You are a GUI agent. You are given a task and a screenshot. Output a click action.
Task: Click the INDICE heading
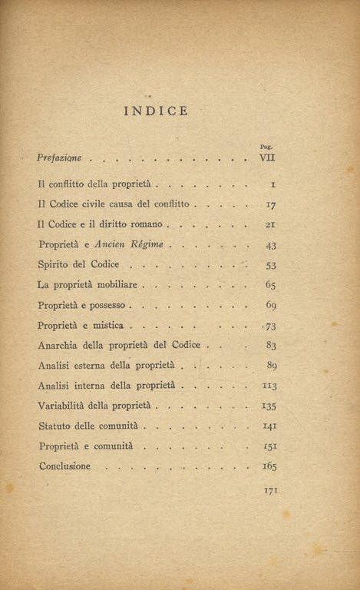click(155, 111)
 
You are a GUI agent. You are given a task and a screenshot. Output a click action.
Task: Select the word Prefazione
click(60, 158)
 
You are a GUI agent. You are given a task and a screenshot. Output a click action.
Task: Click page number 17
click(270, 205)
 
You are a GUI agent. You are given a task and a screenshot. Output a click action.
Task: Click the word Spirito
click(55, 265)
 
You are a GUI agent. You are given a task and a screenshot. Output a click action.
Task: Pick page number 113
click(269, 385)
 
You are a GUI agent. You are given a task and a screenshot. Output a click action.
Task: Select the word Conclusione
click(64, 466)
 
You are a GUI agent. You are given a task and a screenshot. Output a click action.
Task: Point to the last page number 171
click(270, 490)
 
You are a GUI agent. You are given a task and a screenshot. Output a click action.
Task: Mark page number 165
click(269, 466)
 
